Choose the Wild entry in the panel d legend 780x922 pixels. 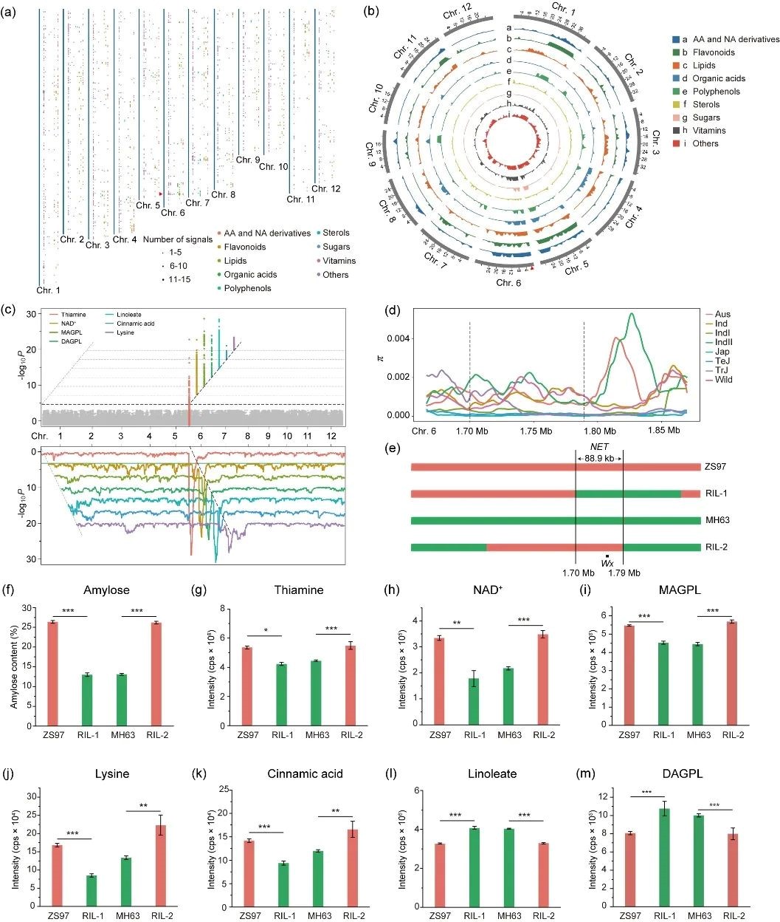coord(722,380)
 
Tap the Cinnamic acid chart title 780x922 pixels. coord(305,774)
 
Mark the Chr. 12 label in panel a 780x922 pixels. coord(326,189)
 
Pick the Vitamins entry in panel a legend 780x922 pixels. coord(339,261)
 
